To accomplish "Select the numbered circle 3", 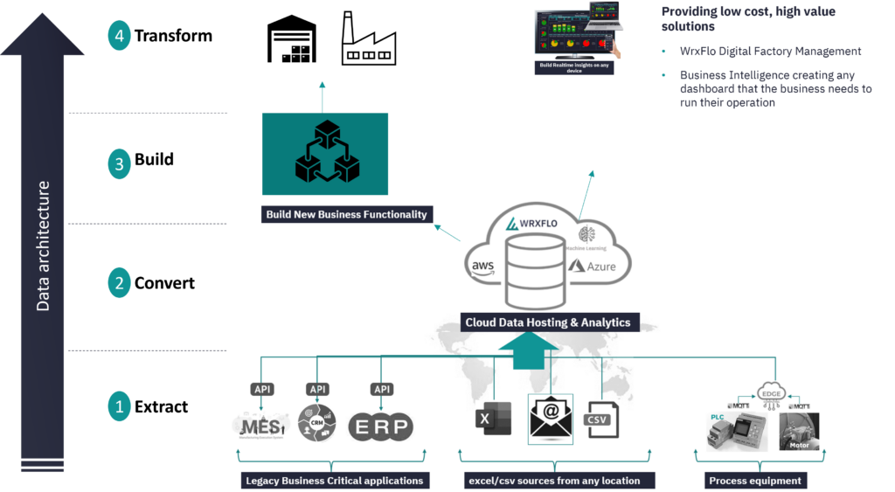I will (x=120, y=163).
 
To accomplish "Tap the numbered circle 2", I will (x=120, y=282).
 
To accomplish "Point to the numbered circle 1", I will (x=120, y=405).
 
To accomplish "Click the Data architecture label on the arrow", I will (x=43, y=246).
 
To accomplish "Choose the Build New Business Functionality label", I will (x=348, y=214).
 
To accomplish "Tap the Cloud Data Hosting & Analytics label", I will (x=548, y=322).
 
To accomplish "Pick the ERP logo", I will (x=381, y=426).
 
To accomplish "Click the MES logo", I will (x=262, y=426).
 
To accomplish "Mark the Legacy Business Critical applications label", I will (x=334, y=481).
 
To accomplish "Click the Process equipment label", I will (x=756, y=481).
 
